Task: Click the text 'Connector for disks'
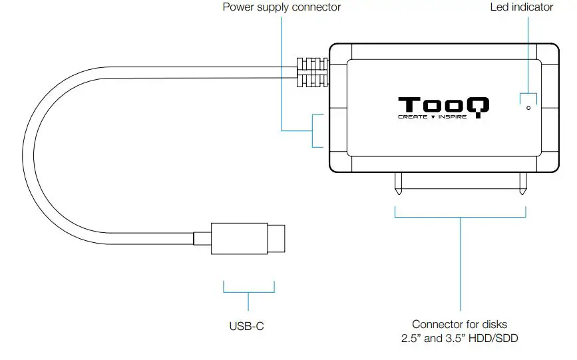[x=459, y=324]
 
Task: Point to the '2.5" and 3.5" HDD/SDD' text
[x=459, y=339]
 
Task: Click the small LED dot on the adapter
[x=528, y=107]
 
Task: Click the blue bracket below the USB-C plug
[x=248, y=288]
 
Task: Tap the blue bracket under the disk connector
[x=461, y=214]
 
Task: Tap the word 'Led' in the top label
[x=499, y=7]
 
